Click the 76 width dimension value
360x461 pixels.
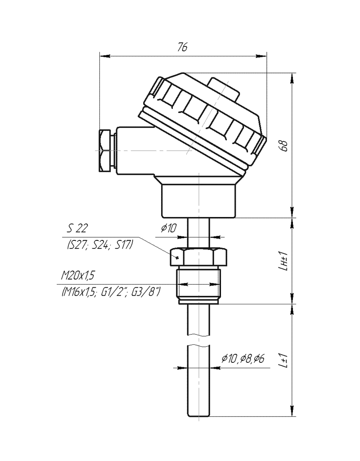click(x=183, y=47)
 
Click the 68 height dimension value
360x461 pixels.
click(x=284, y=146)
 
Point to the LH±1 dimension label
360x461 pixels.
click(x=283, y=261)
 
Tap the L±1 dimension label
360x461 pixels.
click(x=283, y=360)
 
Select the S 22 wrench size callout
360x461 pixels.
click(x=77, y=228)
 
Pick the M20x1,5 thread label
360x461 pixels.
click(x=78, y=276)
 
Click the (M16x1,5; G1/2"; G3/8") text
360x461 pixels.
click(x=111, y=292)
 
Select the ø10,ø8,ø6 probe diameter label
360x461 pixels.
click(x=243, y=358)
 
